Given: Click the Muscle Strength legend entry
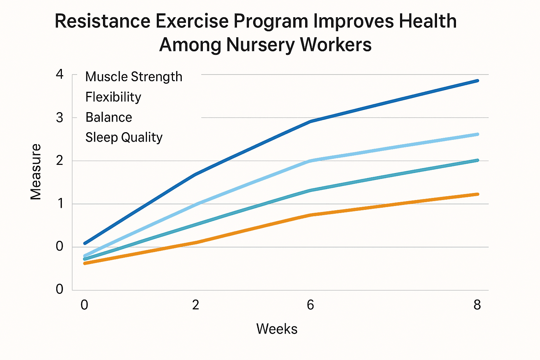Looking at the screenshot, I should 134,77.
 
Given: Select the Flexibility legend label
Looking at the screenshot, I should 113,97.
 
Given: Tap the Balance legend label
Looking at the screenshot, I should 109,117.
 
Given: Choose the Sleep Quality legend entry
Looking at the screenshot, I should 124,137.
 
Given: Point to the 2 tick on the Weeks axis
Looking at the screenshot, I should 195,305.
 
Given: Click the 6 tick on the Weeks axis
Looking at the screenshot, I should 310,305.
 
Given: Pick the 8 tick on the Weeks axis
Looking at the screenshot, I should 477,305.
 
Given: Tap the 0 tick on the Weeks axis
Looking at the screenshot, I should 84,305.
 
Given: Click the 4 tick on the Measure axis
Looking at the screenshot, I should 60,75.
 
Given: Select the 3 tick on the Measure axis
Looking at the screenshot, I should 60,118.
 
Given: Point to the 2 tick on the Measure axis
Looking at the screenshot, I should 60,161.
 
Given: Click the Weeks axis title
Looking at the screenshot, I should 277,329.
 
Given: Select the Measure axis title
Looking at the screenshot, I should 36,172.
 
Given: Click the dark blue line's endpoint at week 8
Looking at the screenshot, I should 477,81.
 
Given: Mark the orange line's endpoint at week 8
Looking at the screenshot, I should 477,194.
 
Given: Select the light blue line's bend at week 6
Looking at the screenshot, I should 310,161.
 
